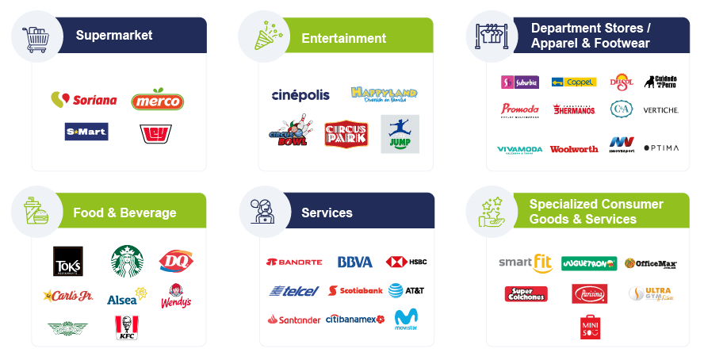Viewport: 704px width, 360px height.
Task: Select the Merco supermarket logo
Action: point(157,100)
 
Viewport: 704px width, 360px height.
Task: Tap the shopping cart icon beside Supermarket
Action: point(36,36)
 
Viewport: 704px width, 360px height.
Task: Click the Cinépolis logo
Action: point(300,95)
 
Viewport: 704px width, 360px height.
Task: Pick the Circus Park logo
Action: point(346,134)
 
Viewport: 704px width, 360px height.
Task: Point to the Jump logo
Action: point(400,133)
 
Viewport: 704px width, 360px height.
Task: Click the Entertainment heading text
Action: point(343,38)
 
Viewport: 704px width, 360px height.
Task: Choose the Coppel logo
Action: point(574,82)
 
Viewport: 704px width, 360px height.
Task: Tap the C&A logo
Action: point(621,109)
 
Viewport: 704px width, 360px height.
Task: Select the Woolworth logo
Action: point(574,148)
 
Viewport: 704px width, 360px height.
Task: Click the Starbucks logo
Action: point(127,261)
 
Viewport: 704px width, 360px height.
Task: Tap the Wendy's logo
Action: point(176,296)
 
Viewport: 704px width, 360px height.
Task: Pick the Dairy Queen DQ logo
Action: point(176,260)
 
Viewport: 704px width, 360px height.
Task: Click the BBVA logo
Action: point(354,262)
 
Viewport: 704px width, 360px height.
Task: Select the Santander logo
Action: point(294,319)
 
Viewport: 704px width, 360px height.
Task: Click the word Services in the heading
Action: point(327,213)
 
